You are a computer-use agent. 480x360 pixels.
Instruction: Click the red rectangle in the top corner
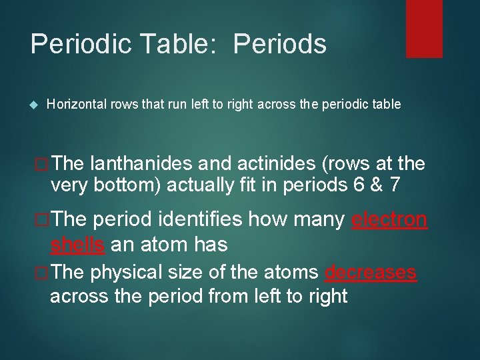coord(424,28)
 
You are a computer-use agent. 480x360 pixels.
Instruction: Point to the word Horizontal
coord(75,104)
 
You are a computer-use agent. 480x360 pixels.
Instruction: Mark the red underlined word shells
coord(77,244)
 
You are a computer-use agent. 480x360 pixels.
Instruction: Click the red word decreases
coord(371,273)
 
